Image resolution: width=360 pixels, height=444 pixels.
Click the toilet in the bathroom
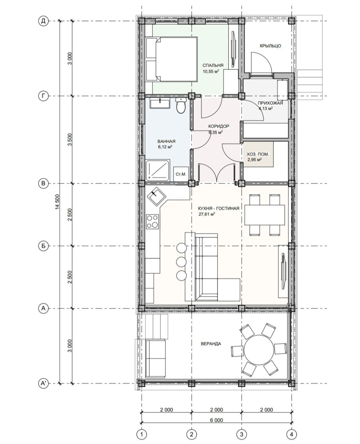click(181, 105)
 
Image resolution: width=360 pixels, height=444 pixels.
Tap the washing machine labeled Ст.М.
click(181, 174)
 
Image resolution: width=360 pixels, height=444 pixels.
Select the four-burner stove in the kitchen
click(152, 222)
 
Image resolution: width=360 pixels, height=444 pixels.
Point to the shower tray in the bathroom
click(158, 170)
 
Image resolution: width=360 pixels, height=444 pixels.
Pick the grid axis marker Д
click(43, 21)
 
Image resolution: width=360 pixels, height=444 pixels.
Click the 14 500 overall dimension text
click(57, 202)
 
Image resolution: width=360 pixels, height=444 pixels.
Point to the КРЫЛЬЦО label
click(270, 46)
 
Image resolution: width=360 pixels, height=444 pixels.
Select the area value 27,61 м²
click(207, 214)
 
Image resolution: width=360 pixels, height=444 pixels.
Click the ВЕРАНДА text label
click(211, 344)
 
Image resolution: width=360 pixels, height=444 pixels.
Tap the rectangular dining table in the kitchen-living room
click(265, 215)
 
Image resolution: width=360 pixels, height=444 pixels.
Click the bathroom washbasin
click(160, 103)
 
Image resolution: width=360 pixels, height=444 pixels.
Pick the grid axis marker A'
click(43, 383)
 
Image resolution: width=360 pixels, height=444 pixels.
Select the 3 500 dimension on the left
click(70, 140)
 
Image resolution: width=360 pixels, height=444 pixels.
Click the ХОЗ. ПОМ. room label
click(258, 154)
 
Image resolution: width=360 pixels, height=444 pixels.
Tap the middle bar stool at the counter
click(181, 262)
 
